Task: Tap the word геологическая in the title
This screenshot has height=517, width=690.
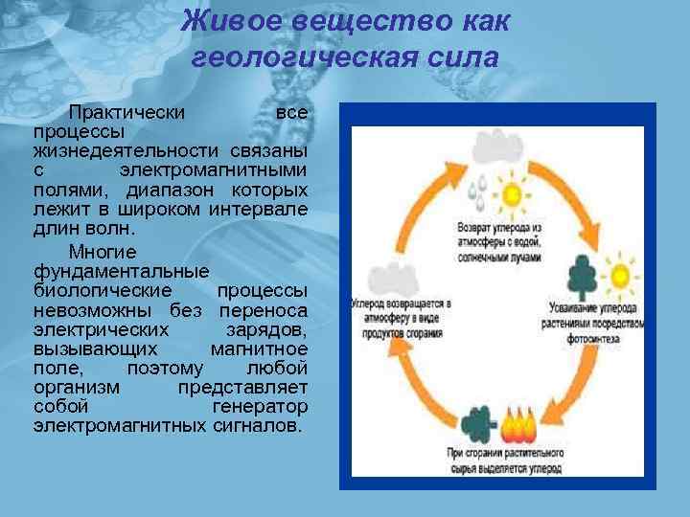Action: (306, 57)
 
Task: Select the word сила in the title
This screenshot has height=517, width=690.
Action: (464, 57)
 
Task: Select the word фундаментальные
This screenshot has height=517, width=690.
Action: (121, 271)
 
